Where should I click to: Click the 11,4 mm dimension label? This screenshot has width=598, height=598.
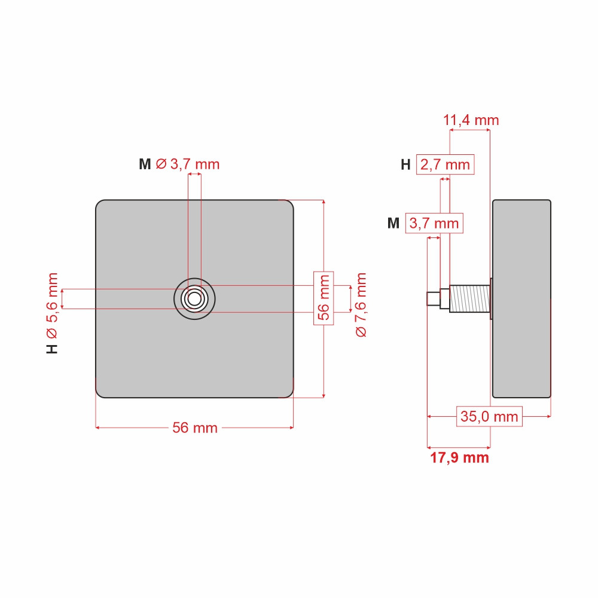[471, 121]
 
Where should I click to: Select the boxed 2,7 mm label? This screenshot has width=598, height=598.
[445, 165]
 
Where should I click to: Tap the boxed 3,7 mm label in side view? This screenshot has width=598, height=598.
[434, 224]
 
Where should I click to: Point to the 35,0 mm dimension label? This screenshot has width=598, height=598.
[489, 416]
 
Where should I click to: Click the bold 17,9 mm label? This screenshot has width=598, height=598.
[459, 457]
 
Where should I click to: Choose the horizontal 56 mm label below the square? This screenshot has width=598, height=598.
[195, 428]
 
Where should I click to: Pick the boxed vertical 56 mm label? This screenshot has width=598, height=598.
[324, 298]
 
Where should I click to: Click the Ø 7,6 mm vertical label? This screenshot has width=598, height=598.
[361, 305]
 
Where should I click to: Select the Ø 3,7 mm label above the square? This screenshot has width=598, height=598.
[188, 164]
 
